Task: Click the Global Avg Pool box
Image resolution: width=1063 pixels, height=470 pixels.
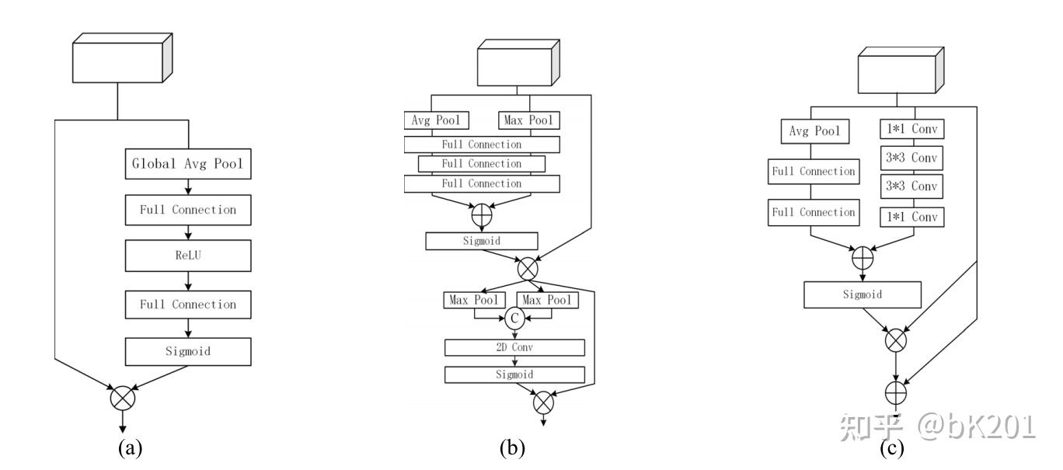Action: point(188,165)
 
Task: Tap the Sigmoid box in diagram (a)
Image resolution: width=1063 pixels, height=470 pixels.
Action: point(188,351)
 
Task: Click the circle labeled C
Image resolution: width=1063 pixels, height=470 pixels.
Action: point(514,316)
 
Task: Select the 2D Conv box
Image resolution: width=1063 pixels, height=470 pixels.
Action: point(514,346)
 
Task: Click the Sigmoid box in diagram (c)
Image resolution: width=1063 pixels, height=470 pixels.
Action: point(863,294)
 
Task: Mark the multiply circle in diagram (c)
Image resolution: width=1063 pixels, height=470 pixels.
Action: point(896,339)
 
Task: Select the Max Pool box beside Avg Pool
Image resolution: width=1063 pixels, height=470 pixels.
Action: point(528,120)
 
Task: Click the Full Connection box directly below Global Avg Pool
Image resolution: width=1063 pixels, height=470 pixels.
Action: point(188,209)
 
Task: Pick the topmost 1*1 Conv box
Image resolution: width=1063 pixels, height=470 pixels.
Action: point(912,131)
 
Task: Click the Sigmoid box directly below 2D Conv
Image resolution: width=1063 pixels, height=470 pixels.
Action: point(514,374)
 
